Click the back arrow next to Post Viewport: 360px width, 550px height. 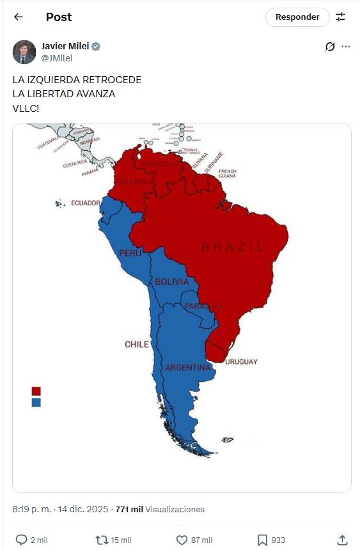point(18,17)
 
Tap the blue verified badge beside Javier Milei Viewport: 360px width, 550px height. point(96,47)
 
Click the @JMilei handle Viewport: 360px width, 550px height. point(56,58)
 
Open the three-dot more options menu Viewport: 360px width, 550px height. point(346,47)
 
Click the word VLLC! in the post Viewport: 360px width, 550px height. point(26,108)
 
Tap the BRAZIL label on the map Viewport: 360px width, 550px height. point(232,247)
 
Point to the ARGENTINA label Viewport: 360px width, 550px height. point(188,368)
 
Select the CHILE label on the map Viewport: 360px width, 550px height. point(137,344)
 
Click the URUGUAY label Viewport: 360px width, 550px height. point(241,362)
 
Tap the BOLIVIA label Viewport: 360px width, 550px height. point(172,281)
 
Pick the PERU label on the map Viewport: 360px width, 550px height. point(130,253)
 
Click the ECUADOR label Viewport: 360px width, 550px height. point(86,203)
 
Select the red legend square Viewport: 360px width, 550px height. point(36,391)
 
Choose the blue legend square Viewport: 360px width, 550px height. point(36,402)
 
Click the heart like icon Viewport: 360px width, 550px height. point(182,540)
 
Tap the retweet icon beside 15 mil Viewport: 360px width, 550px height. point(101,540)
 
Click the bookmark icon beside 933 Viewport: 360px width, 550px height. point(262,540)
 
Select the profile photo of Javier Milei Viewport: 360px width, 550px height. point(24,52)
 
